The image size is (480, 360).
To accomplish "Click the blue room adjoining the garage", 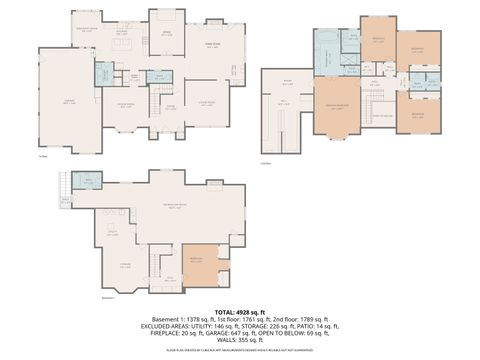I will coord(103,74).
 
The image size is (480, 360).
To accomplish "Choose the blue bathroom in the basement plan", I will coord(88,181).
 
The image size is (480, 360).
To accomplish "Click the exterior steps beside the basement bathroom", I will coord(67,185).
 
